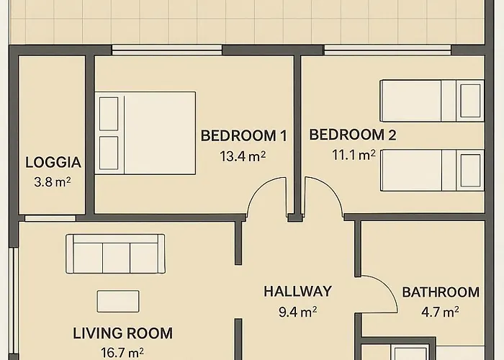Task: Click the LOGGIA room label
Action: (x=53, y=162)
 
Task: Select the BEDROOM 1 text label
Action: (x=243, y=135)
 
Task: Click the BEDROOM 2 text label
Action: (x=352, y=135)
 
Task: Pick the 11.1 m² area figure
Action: (x=353, y=154)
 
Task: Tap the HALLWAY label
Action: (x=297, y=292)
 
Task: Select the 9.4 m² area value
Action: (x=297, y=312)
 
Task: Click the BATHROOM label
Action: (x=441, y=292)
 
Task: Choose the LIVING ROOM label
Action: (x=122, y=333)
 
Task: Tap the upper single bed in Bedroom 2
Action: (x=431, y=100)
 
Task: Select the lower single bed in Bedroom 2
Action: (x=431, y=171)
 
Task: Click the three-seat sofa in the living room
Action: (x=115, y=253)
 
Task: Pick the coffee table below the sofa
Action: (x=118, y=301)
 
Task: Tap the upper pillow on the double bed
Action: (x=108, y=112)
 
